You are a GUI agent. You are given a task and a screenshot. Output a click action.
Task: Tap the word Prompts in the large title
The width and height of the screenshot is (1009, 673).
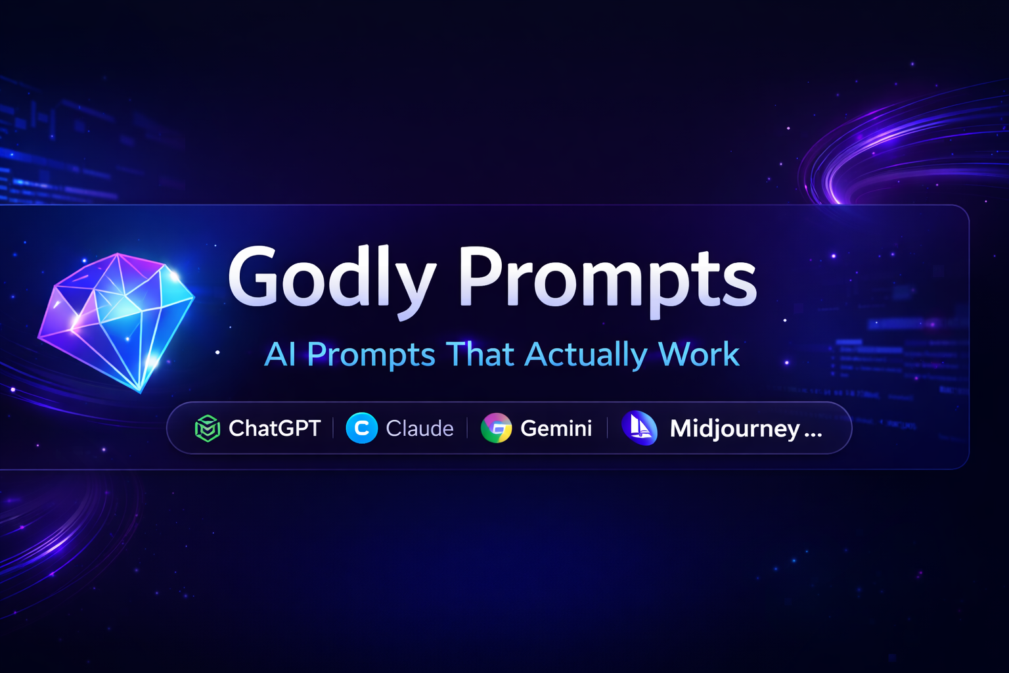point(607,279)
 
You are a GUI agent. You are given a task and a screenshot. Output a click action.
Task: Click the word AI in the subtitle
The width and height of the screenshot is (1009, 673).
point(280,355)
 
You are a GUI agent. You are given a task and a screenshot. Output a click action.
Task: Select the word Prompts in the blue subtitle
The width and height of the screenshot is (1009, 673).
point(371,355)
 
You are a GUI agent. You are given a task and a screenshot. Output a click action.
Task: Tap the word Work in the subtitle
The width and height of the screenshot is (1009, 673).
point(699,355)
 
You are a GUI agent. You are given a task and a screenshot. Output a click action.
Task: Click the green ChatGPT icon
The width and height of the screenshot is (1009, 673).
point(208,429)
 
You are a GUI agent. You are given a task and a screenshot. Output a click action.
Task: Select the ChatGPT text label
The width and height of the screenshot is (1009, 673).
point(275,429)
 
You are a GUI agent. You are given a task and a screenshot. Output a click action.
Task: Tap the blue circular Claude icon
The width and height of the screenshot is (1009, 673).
point(361,429)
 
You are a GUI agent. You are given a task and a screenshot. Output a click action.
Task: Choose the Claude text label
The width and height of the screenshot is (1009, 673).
point(420,429)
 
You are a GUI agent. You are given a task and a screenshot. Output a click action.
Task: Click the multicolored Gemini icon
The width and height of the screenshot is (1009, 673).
point(497,429)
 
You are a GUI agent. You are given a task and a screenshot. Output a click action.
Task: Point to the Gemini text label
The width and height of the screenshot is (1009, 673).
point(556,429)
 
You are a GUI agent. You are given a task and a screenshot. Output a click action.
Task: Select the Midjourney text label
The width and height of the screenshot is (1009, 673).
point(734,429)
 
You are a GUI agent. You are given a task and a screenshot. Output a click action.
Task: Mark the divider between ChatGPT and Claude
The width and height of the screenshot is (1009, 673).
point(334,429)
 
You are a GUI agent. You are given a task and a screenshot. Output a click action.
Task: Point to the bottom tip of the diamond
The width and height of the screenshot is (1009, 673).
point(141,392)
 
